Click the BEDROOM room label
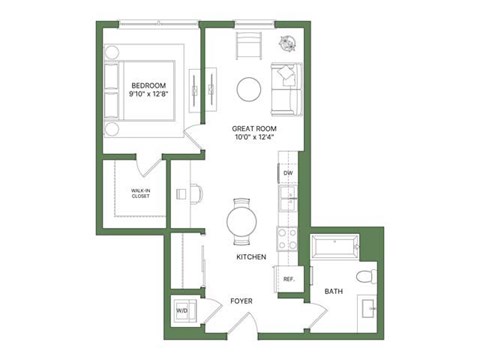pyautogui.click(x=147, y=85)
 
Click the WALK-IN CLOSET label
pyautogui.click(x=140, y=194)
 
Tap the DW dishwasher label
pyautogui.click(x=288, y=174)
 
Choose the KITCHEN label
pyautogui.click(x=250, y=258)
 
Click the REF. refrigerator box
pyautogui.click(x=288, y=279)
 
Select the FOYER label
pyautogui.click(x=240, y=299)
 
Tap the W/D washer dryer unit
pyautogui.click(x=182, y=310)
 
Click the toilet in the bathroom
pyautogui.click(x=364, y=275)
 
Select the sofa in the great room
pyautogui.click(x=286, y=88)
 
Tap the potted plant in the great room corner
pyautogui.click(x=289, y=44)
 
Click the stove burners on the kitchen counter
pyautogui.click(x=287, y=239)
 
